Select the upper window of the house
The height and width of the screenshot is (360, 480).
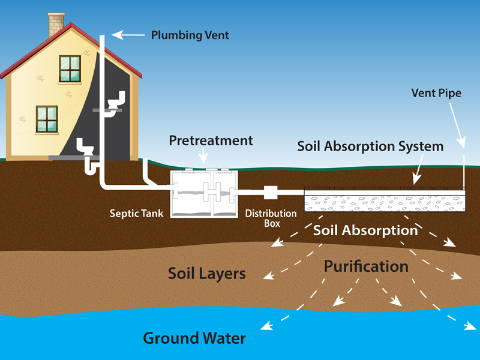coord(70,68)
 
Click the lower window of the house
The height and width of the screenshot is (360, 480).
coord(46,119)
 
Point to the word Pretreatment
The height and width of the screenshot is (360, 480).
coord(211,141)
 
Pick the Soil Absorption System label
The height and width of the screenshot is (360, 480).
coord(370,146)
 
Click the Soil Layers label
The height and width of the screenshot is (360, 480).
coord(206,274)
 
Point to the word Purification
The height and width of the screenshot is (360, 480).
coord(366,266)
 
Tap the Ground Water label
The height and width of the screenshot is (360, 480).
coord(194,338)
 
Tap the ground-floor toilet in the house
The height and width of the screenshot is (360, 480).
coord(86,148)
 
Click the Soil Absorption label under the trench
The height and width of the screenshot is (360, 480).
coord(365,230)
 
